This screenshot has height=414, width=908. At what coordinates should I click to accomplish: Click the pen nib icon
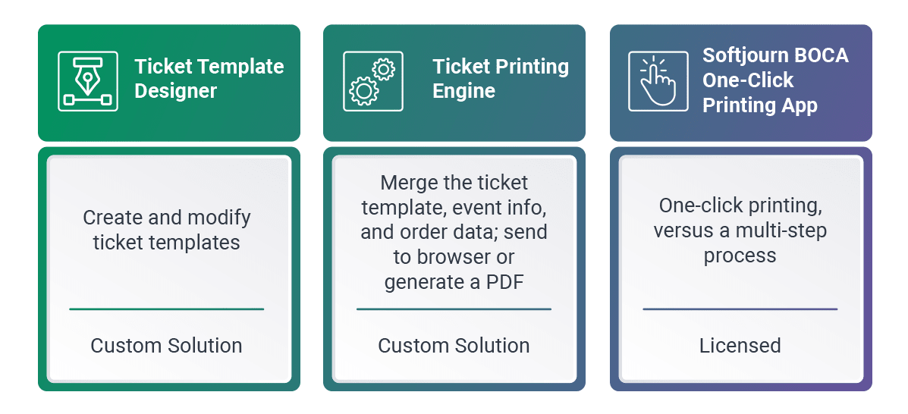click(x=88, y=81)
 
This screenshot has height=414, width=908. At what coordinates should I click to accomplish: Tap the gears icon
click(x=373, y=81)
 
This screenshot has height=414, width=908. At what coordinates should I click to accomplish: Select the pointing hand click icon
click(x=658, y=81)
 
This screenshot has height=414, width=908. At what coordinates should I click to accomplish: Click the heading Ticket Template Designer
click(x=209, y=79)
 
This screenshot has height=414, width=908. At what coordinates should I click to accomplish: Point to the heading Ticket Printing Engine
click(x=501, y=79)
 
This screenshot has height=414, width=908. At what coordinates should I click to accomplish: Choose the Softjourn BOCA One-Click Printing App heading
click(x=775, y=80)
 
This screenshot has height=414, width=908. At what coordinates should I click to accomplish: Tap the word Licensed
click(x=740, y=346)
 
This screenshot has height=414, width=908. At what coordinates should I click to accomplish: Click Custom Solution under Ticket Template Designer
click(x=166, y=346)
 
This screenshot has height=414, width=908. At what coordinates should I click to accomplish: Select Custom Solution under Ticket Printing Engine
click(x=454, y=346)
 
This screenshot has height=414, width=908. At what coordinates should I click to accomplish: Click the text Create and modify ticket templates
click(x=167, y=230)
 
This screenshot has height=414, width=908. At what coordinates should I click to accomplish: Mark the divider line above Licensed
click(x=740, y=309)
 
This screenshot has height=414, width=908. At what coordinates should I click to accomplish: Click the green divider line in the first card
click(x=167, y=309)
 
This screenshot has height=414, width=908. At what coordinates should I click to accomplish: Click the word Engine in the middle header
click(x=463, y=92)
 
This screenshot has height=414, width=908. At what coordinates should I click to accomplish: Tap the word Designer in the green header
click(x=176, y=92)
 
